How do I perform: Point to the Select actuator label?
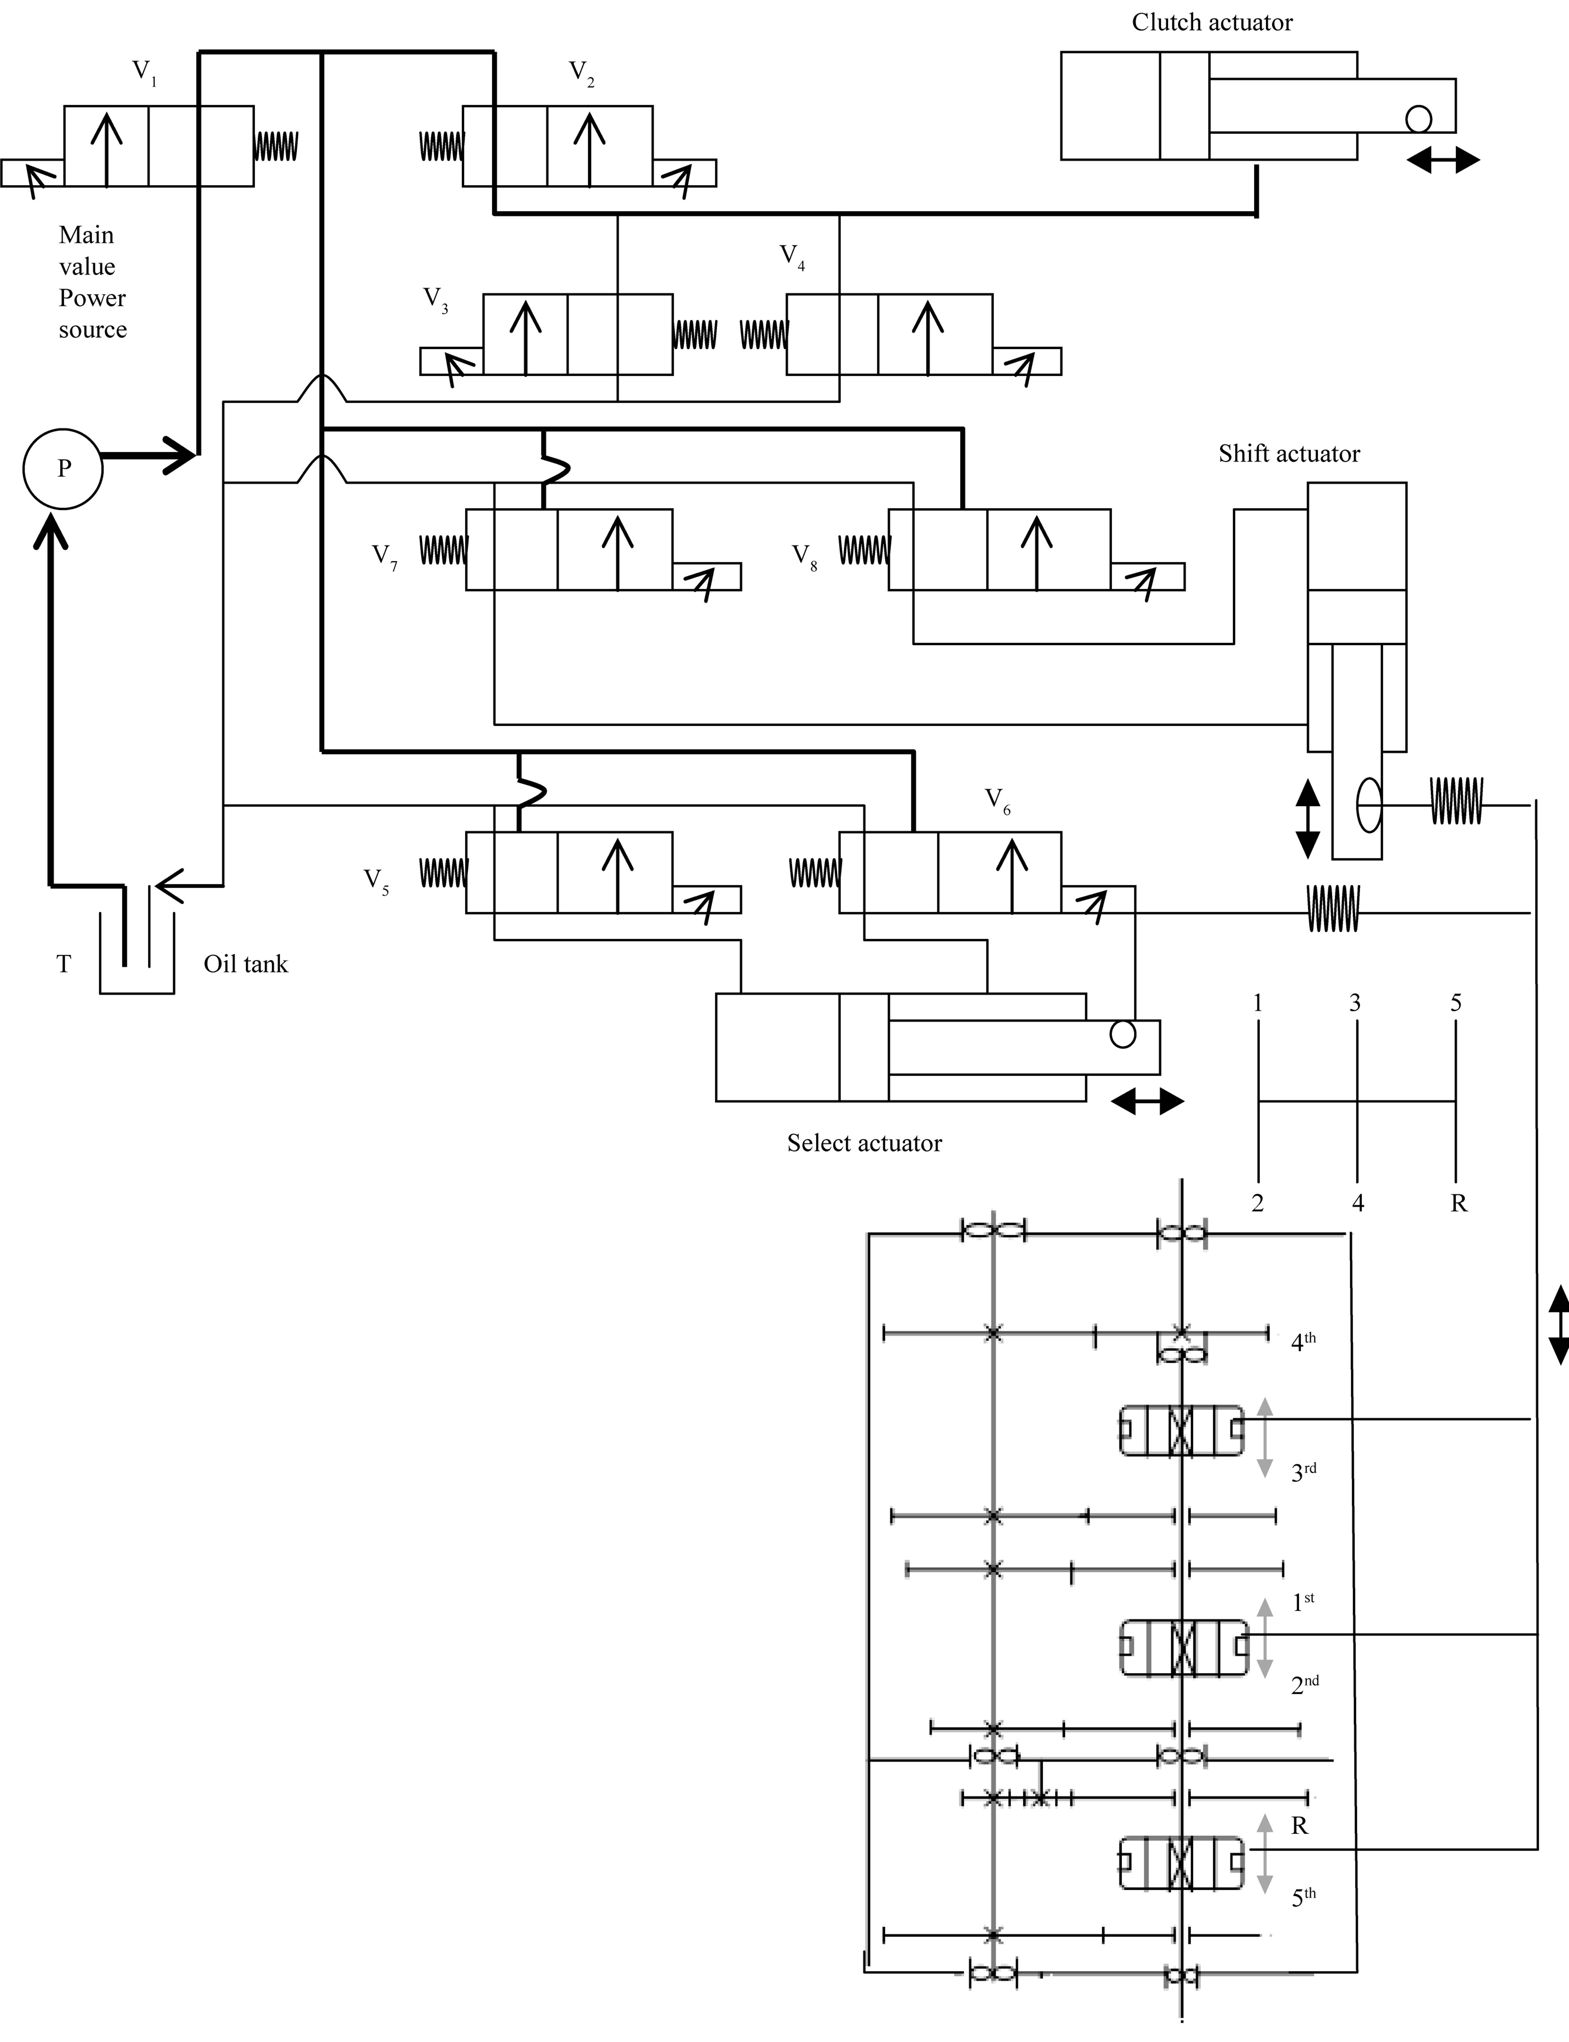pos(864,1143)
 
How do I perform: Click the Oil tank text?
pos(246,964)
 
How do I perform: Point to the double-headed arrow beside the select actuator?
pos(1147,1102)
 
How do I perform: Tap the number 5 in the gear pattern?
pos(1455,1003)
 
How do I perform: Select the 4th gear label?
pos(1303,1342)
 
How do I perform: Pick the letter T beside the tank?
pos(63,964)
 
